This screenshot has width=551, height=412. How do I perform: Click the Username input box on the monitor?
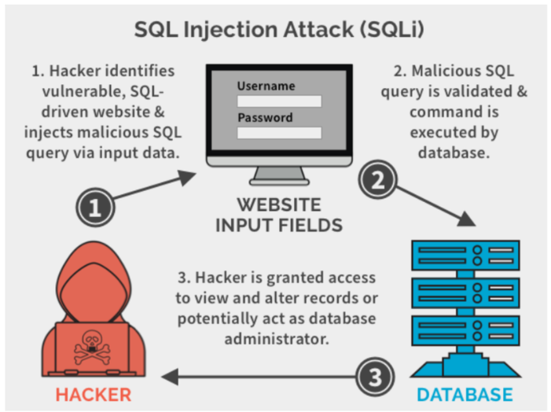coord(279,101)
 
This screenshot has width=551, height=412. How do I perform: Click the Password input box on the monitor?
coord(279,133)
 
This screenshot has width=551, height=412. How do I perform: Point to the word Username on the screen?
coord(266,86)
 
